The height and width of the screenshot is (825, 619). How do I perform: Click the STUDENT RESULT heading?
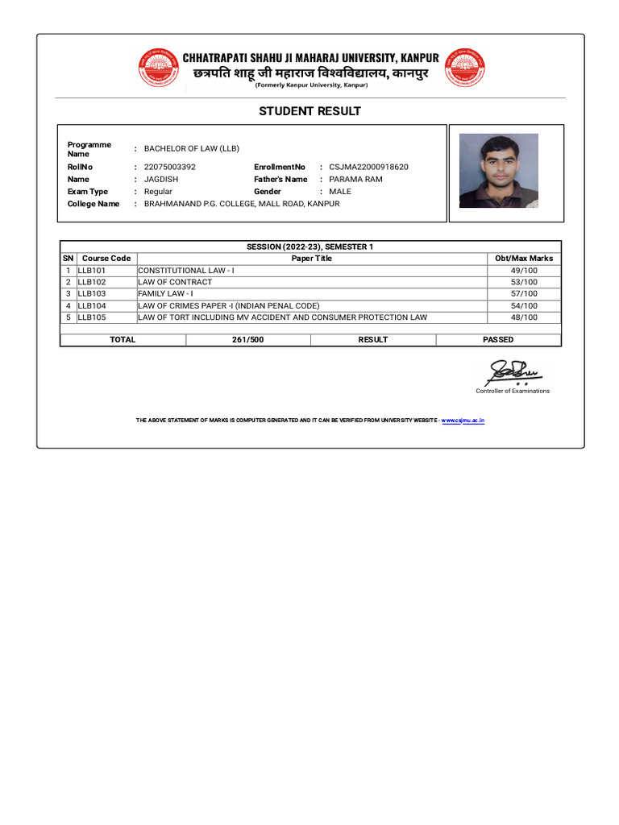pos(309,111)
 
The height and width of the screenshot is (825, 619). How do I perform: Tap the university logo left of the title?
pos(159,68)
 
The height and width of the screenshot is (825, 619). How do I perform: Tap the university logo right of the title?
pos(465,68)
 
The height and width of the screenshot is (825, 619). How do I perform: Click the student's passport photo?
pos(498,171)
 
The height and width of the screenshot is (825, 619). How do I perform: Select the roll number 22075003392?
pos(169,167)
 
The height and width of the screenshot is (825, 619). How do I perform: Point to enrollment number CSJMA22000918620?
pos(368,167)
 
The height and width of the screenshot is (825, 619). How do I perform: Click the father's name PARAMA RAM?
pos(355,179)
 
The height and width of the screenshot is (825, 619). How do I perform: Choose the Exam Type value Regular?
pos(158,192)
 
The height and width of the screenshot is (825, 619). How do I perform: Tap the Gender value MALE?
pos(340,192)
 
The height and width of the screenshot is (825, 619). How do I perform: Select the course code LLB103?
pos(92,294)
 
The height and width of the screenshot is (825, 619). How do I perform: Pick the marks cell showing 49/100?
pos(524,271)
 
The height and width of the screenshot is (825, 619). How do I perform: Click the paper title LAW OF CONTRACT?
pos(175,282)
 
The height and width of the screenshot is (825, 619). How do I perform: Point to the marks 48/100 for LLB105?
pos(524,317)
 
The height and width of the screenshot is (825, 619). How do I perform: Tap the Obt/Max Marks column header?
pos(524,259)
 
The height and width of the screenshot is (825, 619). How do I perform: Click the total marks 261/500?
pos(247,340)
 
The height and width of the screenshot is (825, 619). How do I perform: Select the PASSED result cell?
pos(498,340)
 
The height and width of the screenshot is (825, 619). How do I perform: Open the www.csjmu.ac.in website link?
pos(463,421)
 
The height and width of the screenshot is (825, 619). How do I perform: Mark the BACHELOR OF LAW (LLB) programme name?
pos(192,148)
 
